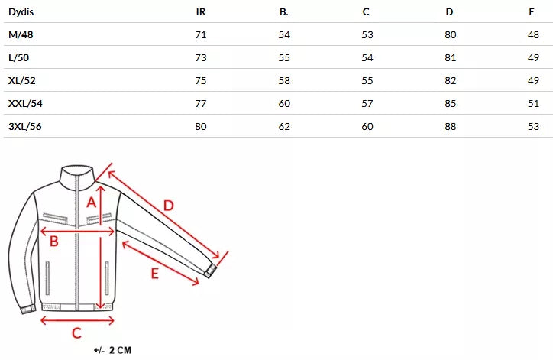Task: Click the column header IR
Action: tap(201, 12)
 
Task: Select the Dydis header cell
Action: tap(21, 12)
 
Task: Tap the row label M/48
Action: tap(21, 35)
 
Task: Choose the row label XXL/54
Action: tap(25, 104)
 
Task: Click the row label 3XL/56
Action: tap(25, 127)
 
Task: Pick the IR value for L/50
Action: tap(201, 58)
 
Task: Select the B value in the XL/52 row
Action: tap(284, 81)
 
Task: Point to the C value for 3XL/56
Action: tap(367, 127)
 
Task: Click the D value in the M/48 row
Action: tap(451, 35)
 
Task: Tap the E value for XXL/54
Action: tap(533, 104)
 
